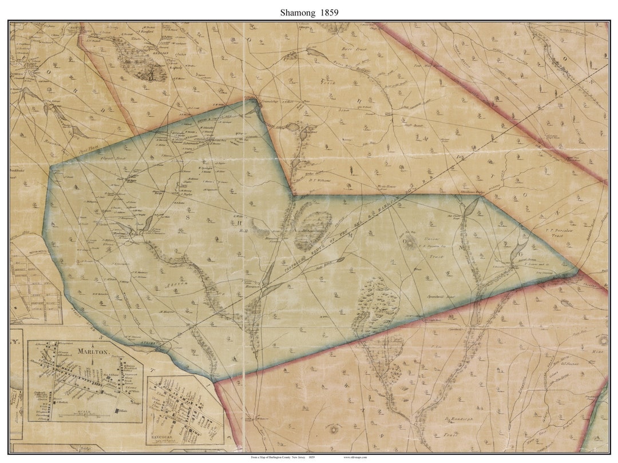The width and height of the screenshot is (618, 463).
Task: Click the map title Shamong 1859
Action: coord(308,11)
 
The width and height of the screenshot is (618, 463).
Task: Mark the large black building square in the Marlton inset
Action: coord(118,411)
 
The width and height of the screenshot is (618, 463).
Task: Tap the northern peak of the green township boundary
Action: coord(253,100)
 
